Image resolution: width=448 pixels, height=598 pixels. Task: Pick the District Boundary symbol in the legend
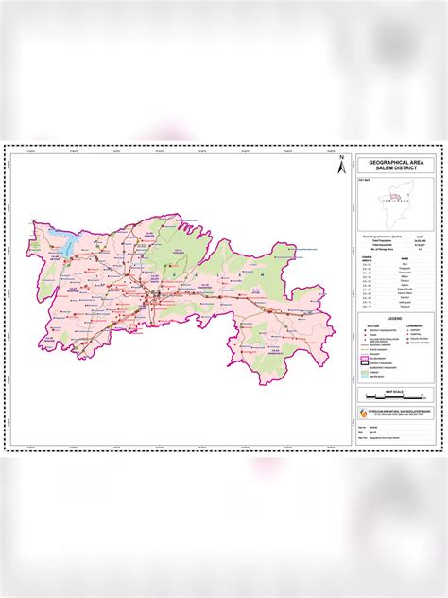pyautogui.click(x=367, y=365)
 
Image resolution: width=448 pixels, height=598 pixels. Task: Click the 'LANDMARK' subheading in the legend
pyautogui.click(x=413, y=325)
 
